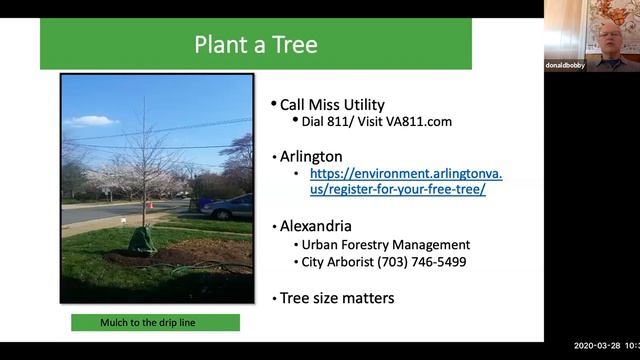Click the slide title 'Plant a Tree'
(256, 44)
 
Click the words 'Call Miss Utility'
(332, 104)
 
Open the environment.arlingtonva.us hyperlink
(405, 181)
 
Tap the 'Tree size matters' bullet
(336, 298)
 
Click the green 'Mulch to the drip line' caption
(155, 323)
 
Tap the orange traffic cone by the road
(150, 205)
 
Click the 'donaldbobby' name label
(566, 65)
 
